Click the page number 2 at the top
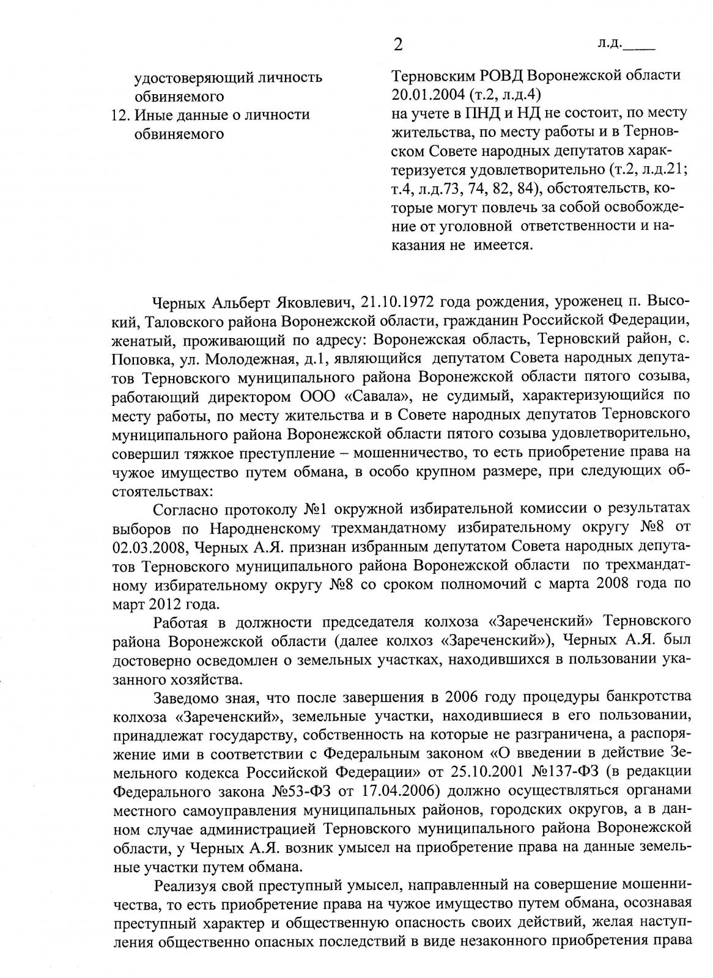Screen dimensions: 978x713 pyautogui.click(x=399, y=45)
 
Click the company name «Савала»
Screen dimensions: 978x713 pyautogui.click(x=379, y=397)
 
